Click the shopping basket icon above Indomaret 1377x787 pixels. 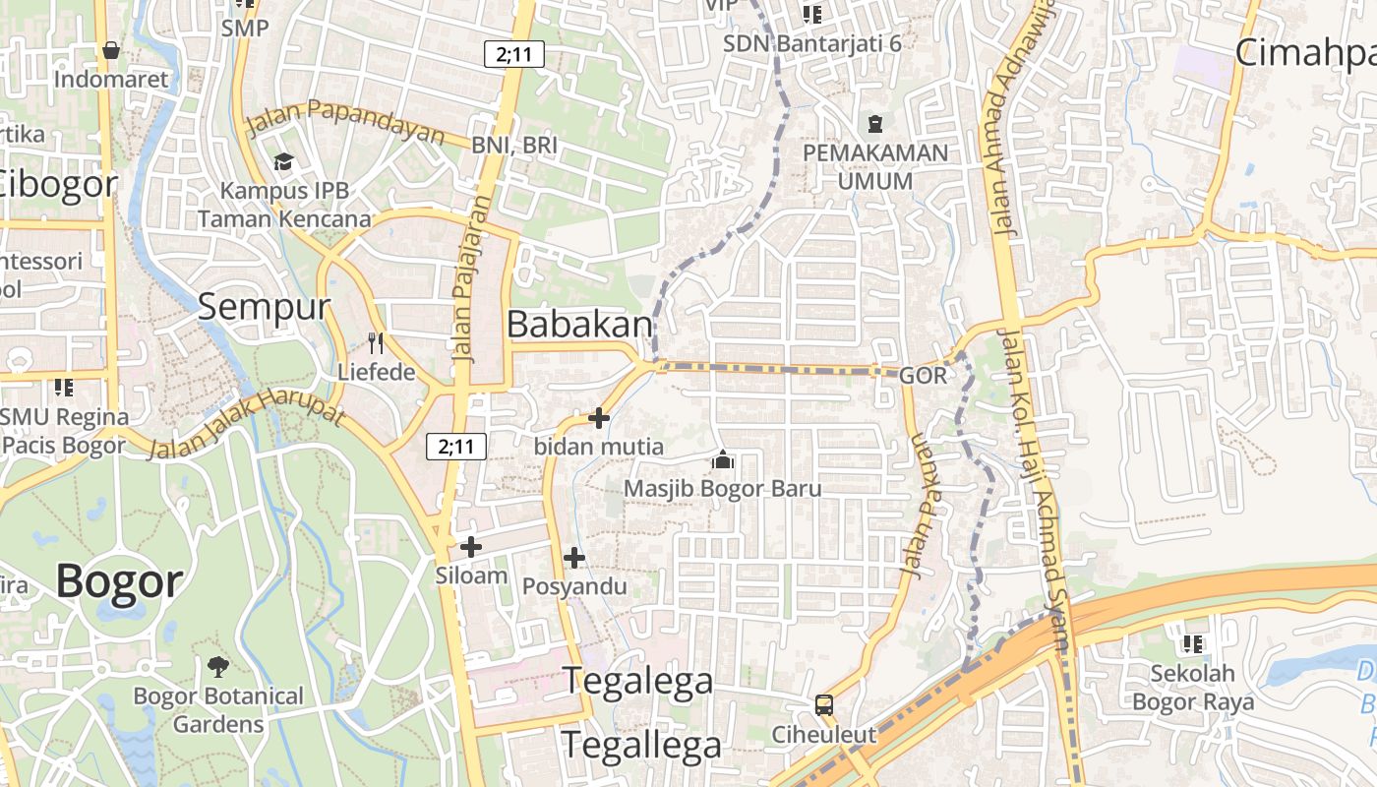pyautogui.click(x=111, y=49)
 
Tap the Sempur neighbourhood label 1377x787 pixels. pyautogui.click(x=264, y=306)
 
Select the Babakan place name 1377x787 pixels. pyautogui.click(x=579, y=325)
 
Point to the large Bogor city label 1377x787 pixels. pyautogui.click(x=119, y=580)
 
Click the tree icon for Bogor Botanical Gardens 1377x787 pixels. pyautogui.click(x=218, y=668)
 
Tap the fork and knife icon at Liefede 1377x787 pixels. pyautogui.click(x=375, y=342)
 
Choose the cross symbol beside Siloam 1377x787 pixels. pyautogui.click(x=471, y=547)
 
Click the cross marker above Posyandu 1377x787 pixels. pyautogui.click(x=574, y=559)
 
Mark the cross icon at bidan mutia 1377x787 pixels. pyautogui.click(x=598, y=419)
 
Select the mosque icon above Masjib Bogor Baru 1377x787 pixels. pyautogui.click(x=723, y=460)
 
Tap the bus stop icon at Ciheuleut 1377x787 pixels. pyautogui.click(x=824, y=705)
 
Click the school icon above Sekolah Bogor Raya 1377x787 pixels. pyautogui.click(x=1193, y=644)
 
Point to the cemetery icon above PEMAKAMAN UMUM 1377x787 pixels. pyautogui.click(x=875, y=124)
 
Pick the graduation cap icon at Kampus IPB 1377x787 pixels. pyautogui.click(x=284, y=162)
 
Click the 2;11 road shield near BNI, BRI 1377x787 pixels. pyautogui.click(x=514, y=54)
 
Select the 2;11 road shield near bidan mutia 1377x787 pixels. pyautogui.click(x=456, y=447)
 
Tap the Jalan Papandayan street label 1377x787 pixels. pyautogui.click(x=345, y=120)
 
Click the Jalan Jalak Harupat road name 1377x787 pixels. pyautogui.click(x=246, y=424)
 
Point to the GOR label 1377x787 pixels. pyautogui.click(x=923, y=375)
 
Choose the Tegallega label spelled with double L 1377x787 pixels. pyautogui.click(x=641, y=745)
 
